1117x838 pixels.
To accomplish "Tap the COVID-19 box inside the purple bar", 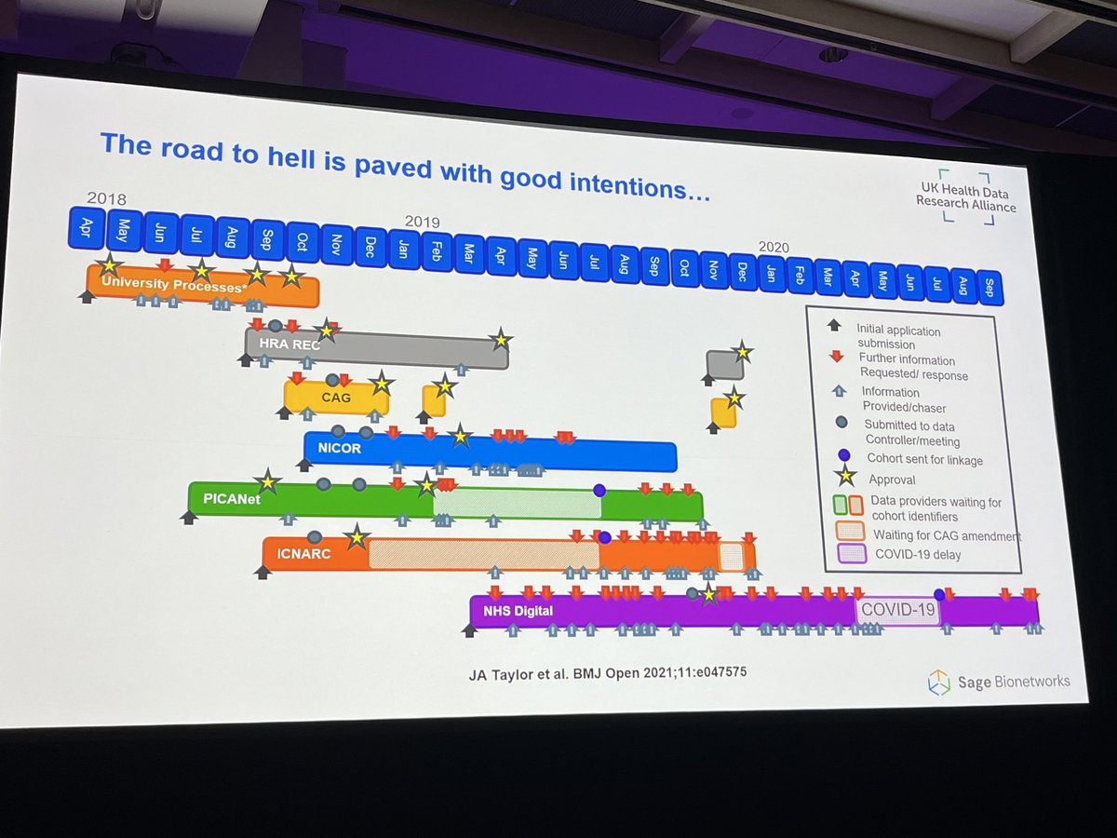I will [897, 610].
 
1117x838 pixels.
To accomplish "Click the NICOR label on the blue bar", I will [339, 448].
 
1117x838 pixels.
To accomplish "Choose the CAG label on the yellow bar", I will [335, 398].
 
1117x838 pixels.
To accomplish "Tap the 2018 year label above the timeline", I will [106, 197].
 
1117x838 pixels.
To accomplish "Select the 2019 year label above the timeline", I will [422, 222].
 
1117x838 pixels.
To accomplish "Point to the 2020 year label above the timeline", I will [774, 247].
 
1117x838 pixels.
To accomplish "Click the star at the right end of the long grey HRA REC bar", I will [502, 339].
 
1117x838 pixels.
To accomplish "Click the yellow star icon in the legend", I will [845, 478].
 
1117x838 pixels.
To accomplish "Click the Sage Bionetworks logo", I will [998, 682].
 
